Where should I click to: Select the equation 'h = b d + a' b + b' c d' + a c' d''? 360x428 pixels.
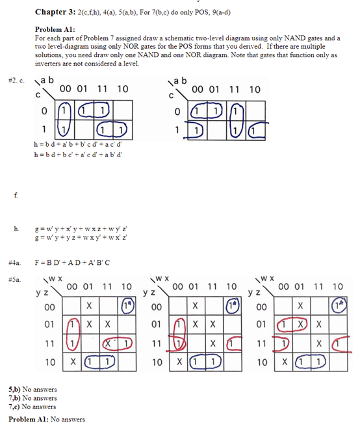81,143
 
